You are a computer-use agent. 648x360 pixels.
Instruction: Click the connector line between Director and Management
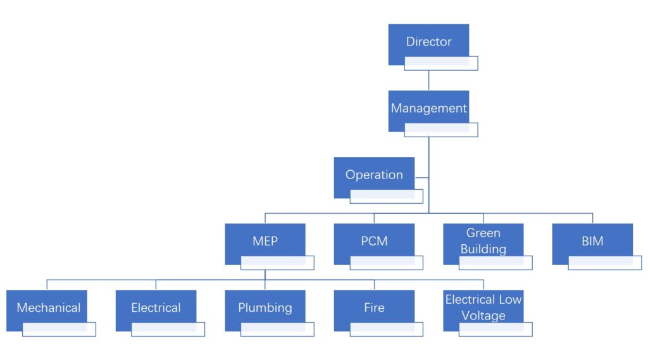click(429, 80)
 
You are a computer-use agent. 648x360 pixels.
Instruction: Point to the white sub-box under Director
click(441, 63)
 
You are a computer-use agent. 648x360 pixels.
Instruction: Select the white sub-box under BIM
click(605, 263)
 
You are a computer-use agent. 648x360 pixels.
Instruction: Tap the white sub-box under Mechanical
click(59, 329)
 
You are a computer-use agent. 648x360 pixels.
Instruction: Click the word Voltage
click(483, 315)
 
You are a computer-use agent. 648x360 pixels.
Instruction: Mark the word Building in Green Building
click(483, 249)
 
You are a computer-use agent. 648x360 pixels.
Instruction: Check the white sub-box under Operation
click(387, 196)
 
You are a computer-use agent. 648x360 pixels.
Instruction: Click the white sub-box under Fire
click(387, 329)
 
